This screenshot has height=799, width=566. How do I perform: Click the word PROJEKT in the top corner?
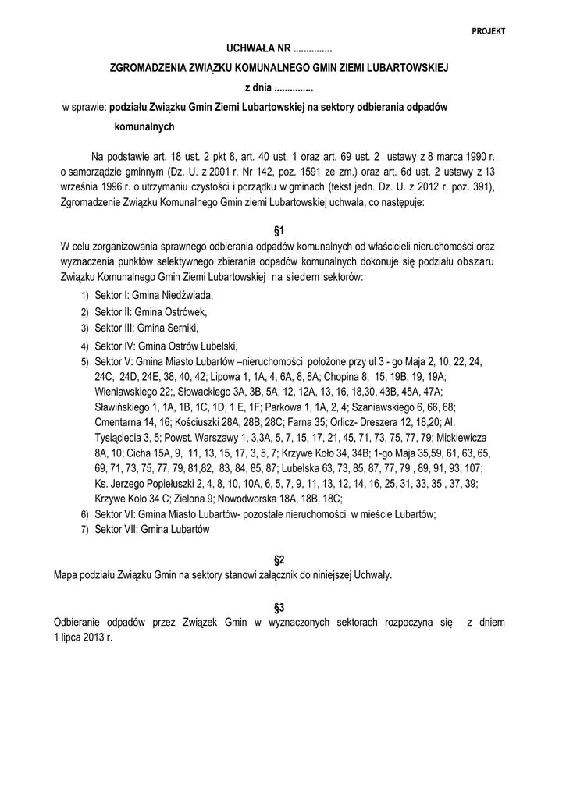[x=489, y=31]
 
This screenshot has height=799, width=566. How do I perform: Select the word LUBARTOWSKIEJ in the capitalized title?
[x=404, y=69]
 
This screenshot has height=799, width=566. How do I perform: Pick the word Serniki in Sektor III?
[x=183, y=327]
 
